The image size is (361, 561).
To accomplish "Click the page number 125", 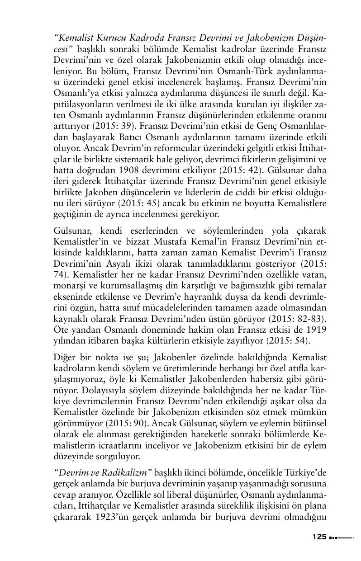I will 319,537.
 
